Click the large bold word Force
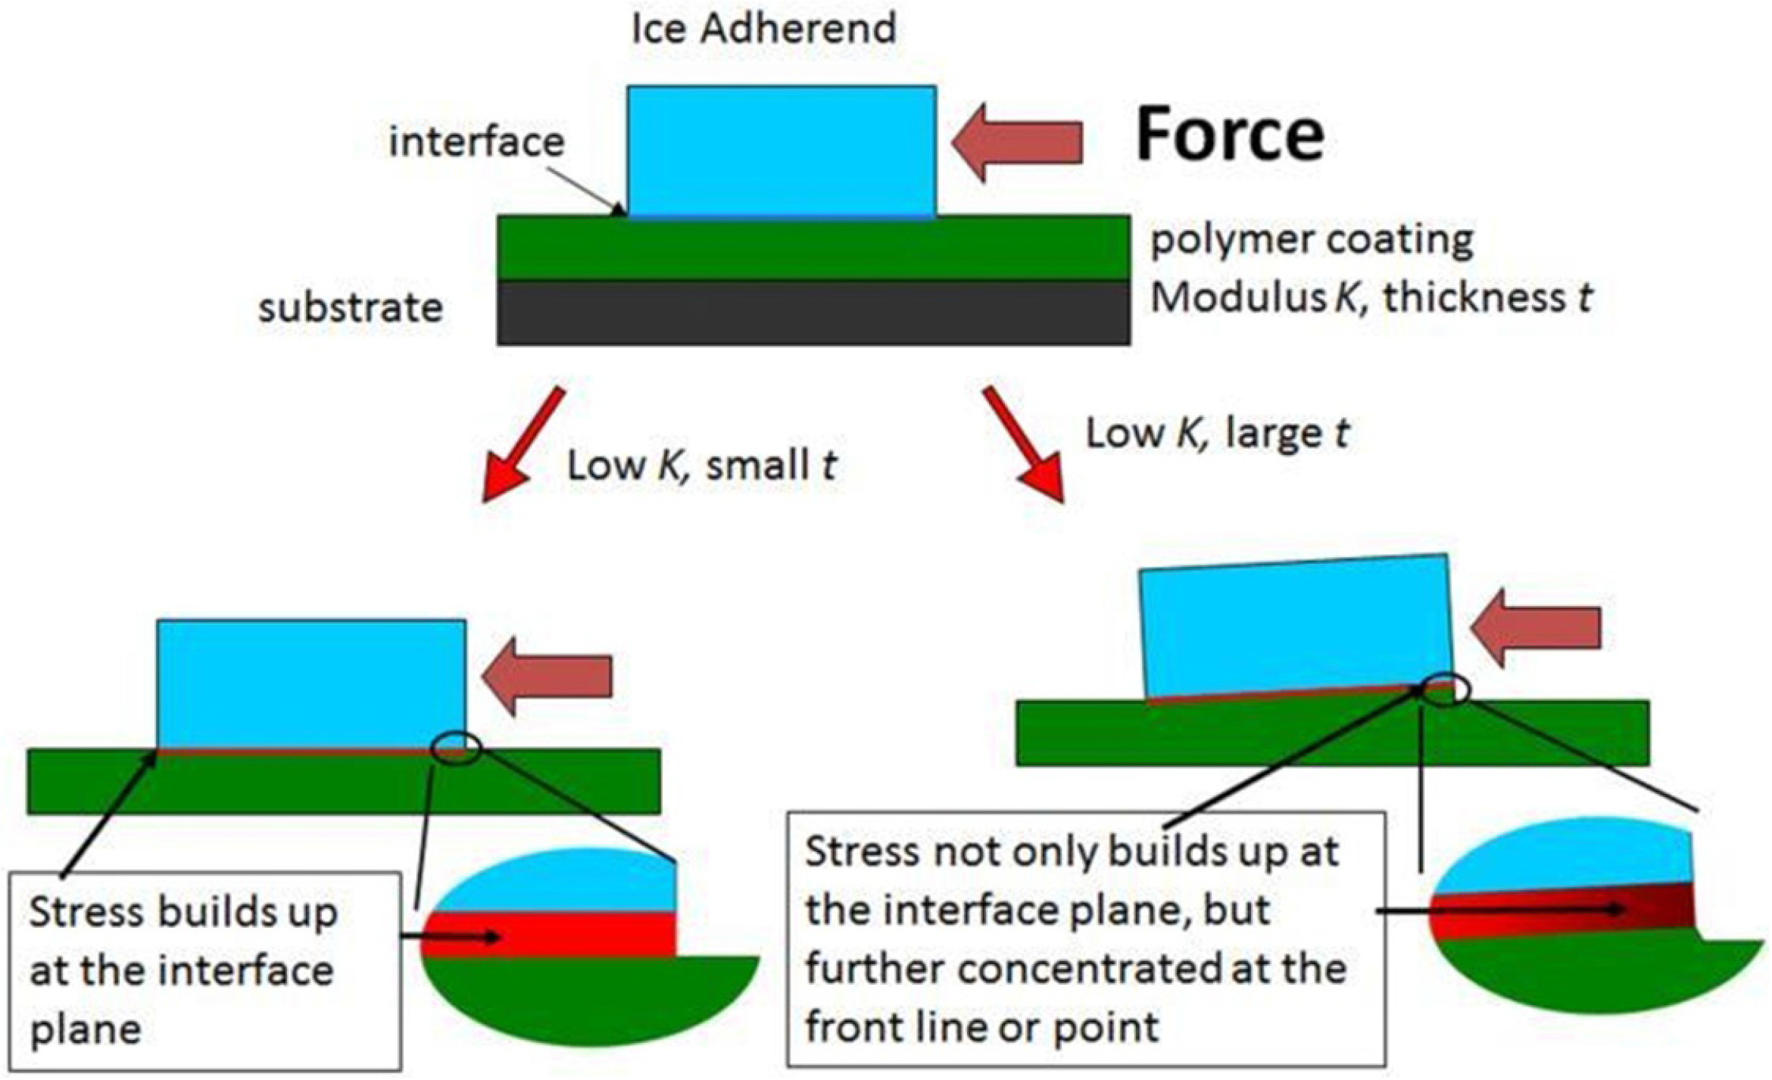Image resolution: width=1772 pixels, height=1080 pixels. pyautogui.click(x=1230, y=135)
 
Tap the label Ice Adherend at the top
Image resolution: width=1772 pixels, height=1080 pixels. pyautogui.click(x=763, y=29)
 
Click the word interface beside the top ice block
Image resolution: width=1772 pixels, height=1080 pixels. pyautogui.click(x=476, y=142)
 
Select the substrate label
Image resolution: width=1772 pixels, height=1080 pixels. pyautogui.click(x=350, y=308)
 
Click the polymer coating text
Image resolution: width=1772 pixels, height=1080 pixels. pyautogui.click(x=1312, y=240)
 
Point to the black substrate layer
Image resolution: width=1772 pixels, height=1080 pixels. pyautogui.click(x=813, y=313)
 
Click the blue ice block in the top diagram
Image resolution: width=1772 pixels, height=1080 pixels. pyautogui.click(x=781, y=151)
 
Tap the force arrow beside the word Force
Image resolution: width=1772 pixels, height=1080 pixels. pyautogui.click(x=1017, y=142)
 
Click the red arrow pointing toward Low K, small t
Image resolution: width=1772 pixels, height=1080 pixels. pyautogui.click(x=522, y=447)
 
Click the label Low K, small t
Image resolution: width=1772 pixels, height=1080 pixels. pyautogui.click(x=701, y=465)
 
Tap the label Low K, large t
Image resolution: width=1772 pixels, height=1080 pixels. pyautogui.click(x=1217, y=434)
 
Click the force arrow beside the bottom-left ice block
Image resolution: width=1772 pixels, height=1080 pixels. pyautogui.click(x=547, y=676)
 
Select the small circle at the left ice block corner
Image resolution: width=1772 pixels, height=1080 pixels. pyautogui.click(x=456, y=749)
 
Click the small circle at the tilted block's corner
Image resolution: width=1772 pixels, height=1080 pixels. pyautogui.click(x=1445, y=689)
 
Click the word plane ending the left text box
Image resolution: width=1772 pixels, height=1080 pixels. pyautogui.click(x=86, y=1030)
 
